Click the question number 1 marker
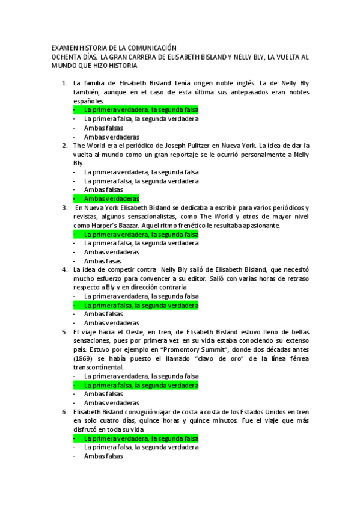pos(65,83)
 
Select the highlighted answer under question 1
pos(141,110)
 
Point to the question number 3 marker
pos(65,207)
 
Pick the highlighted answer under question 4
pos(141,306)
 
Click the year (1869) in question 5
pos(84,358)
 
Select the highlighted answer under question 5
pos(141,385)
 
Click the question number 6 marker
pos(65,412)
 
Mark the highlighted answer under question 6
pos(141,438)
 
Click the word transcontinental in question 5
pos(97,367)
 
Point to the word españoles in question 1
pos(88,101)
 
